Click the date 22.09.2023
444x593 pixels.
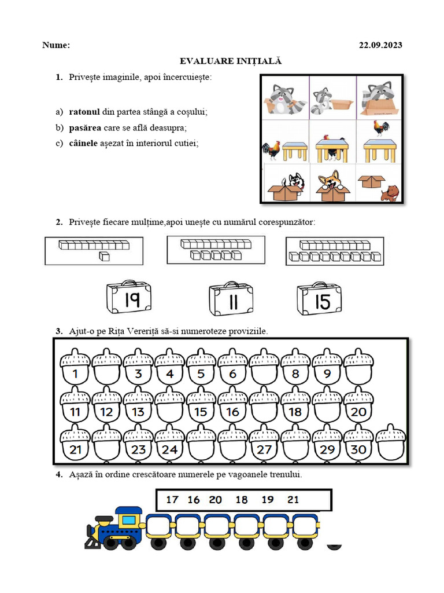380,45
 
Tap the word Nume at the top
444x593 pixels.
56,45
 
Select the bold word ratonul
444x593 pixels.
84,111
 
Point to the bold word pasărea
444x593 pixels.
86,127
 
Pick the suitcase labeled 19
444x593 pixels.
129,298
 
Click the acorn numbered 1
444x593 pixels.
75,367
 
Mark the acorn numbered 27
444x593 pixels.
264,443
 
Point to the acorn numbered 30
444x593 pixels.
358,443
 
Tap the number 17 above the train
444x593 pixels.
172,499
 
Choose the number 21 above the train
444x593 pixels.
293,499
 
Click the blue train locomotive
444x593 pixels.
116,527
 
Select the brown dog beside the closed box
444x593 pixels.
391,192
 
